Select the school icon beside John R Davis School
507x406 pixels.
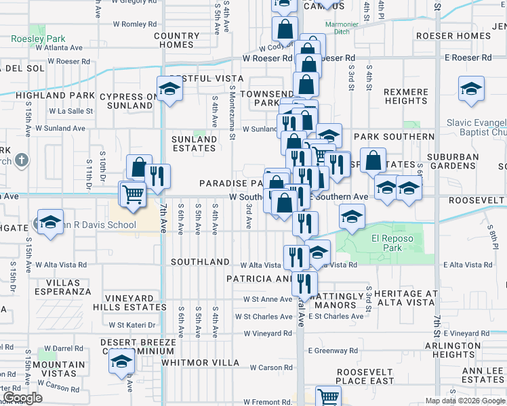(x=50, y=222)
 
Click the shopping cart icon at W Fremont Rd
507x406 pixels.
(x=328, y=397)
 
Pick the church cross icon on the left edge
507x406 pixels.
(x=22, y=161)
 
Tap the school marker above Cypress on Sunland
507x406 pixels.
(x=169, y=88)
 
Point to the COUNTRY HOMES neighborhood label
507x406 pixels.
(x=177, y=40)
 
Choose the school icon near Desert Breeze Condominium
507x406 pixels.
(x=122, y=361)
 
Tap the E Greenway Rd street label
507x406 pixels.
(x=333, y=351)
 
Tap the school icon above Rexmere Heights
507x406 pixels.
(x=471, y=88)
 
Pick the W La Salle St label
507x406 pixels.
(x=70, y=110)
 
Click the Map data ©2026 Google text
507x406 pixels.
(x=465, y=401)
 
